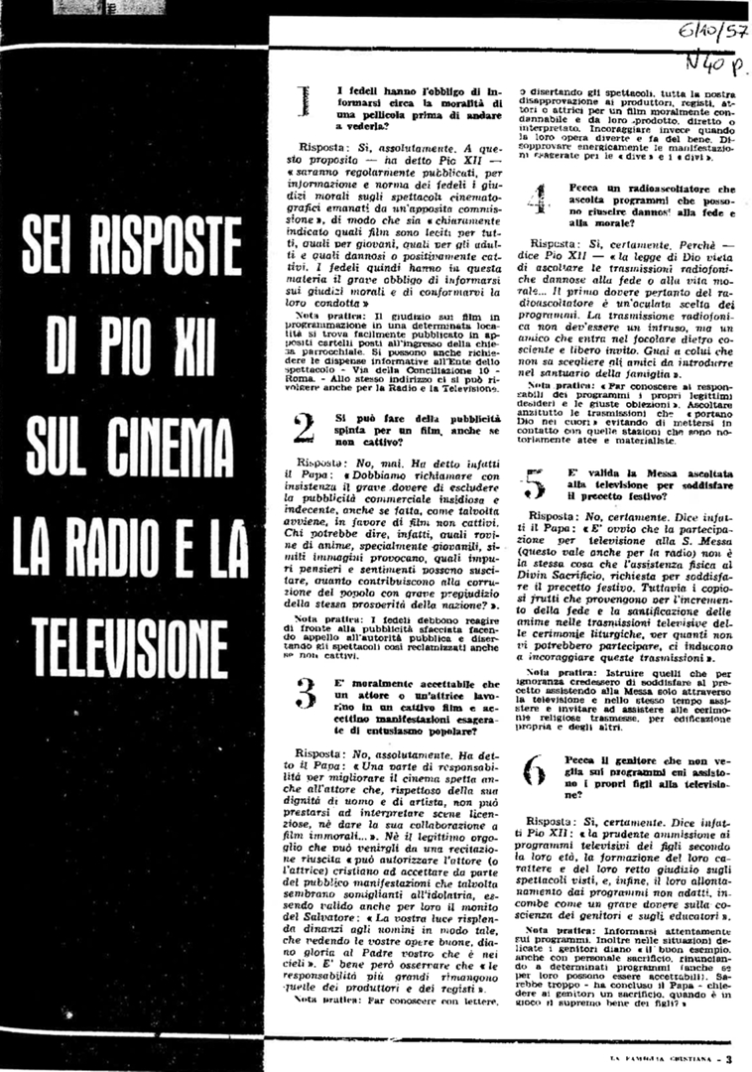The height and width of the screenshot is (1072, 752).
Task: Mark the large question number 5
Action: (536, 484)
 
